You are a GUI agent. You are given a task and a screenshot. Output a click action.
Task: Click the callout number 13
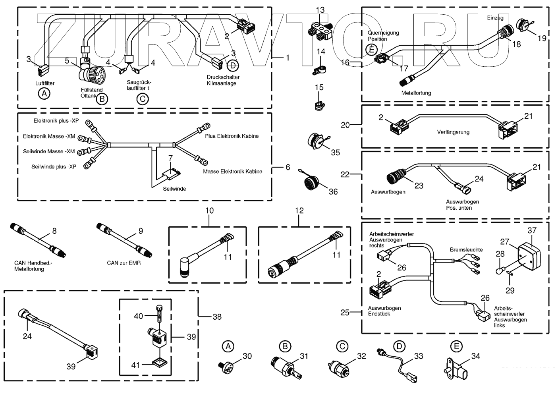[320, 10]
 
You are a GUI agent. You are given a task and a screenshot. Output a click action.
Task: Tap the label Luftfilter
[45, 83]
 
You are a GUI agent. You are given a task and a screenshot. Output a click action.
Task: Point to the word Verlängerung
[453, 132]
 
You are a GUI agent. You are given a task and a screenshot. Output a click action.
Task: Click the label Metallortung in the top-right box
[416, 93]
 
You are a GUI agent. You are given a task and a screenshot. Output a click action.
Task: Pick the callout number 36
[333, 191]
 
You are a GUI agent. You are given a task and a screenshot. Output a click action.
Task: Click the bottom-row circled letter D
[399, 346]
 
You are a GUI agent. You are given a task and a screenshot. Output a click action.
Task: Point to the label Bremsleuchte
[466, 250]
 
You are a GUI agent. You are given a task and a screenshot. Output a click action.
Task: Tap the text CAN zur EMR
[124, 263]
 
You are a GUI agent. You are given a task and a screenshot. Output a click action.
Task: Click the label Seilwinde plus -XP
[54, 167]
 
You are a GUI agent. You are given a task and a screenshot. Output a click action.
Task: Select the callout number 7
[170, 158]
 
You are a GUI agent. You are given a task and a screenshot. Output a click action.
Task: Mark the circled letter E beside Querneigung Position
[371, 50]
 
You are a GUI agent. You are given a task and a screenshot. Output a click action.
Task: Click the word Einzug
[495, 18]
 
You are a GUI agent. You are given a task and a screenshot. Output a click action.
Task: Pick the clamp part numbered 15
[318, 105]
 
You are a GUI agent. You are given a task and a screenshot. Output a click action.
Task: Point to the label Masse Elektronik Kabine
[232, 172]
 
